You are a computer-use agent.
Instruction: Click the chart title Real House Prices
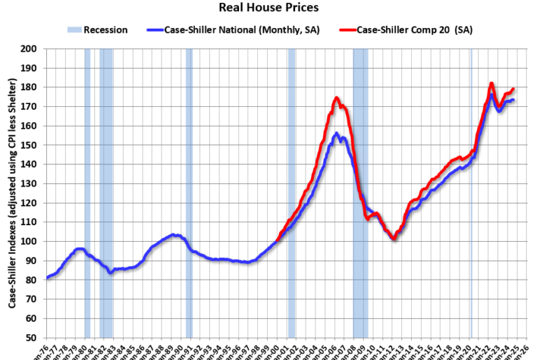268,8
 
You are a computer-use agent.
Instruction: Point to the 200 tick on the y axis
29,49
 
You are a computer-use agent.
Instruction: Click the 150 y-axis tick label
29,145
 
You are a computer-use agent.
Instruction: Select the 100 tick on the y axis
29,241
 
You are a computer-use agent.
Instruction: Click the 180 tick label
29,87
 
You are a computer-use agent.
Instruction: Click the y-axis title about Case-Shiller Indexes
12,193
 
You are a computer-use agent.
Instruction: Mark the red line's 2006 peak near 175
336,99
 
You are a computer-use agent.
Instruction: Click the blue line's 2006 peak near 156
337,134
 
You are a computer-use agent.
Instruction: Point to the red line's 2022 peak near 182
492,84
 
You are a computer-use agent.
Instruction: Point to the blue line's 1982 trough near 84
110,272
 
